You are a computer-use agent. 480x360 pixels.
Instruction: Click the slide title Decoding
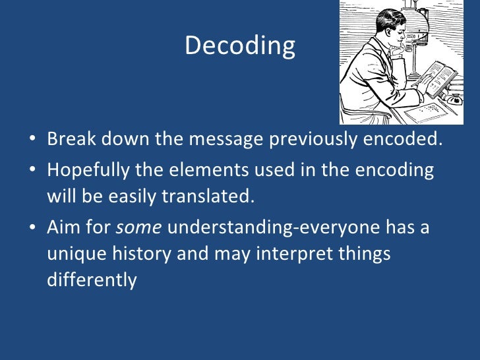pyautogui.click(x=240, y=45)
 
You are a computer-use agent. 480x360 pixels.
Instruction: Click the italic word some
pyautogui.click(x=139, y=228)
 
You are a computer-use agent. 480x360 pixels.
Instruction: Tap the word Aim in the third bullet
pyautogui.click(x=62, y=228)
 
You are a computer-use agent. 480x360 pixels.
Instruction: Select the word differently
pyautogui.click(x=92, y=280)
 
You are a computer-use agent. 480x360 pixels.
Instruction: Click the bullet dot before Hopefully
pyautogui.click(x=33, y=171)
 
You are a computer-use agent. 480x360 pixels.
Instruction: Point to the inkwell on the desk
pyautogui.click(x=453, y=98)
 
